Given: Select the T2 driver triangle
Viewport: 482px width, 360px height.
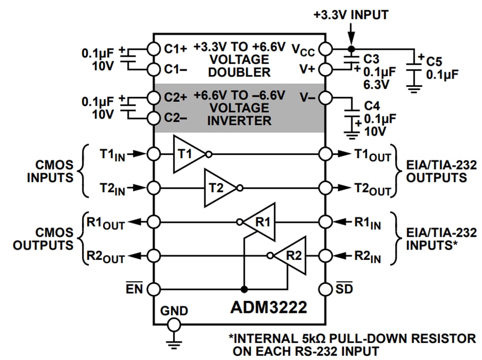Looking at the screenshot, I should coord(219,188).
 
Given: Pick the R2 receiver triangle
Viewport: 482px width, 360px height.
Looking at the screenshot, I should coord(291,255).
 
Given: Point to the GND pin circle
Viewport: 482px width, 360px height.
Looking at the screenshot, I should coord(173,325).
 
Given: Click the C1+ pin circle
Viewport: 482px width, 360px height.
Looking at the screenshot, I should coord(154,48).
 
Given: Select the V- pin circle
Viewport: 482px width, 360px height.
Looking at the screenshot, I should coord(326,98).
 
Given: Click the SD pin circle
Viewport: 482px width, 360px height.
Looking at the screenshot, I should coord(326,289).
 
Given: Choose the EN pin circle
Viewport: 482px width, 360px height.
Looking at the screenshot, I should coord(154,289).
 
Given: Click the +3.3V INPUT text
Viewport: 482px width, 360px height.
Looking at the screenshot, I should coord(351,14).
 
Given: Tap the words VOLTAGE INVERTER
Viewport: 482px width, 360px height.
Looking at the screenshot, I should coord(239,114).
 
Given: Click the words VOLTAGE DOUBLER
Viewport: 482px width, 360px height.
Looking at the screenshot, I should coord(239,65).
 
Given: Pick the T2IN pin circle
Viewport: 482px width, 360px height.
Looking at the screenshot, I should coord(154,188).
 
